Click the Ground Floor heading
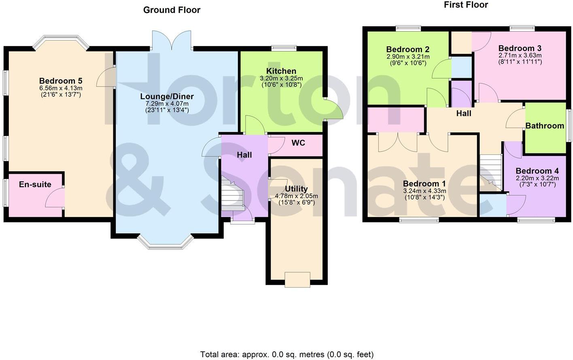coord(172,10)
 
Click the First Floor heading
coord(466,5)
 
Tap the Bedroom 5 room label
coord(61,81)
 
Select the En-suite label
coord(35,185)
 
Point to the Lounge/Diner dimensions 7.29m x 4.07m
coord(167,104)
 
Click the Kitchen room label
coord(281,71)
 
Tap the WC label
coord(298,143)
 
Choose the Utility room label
coord(296,189)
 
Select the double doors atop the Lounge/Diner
coord(172,40)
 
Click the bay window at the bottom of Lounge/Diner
coord(165,242)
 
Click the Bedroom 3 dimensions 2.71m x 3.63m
coord(520,55)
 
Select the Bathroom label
coord(544,126)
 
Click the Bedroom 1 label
coord(424,184)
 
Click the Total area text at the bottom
coord(286,354)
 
